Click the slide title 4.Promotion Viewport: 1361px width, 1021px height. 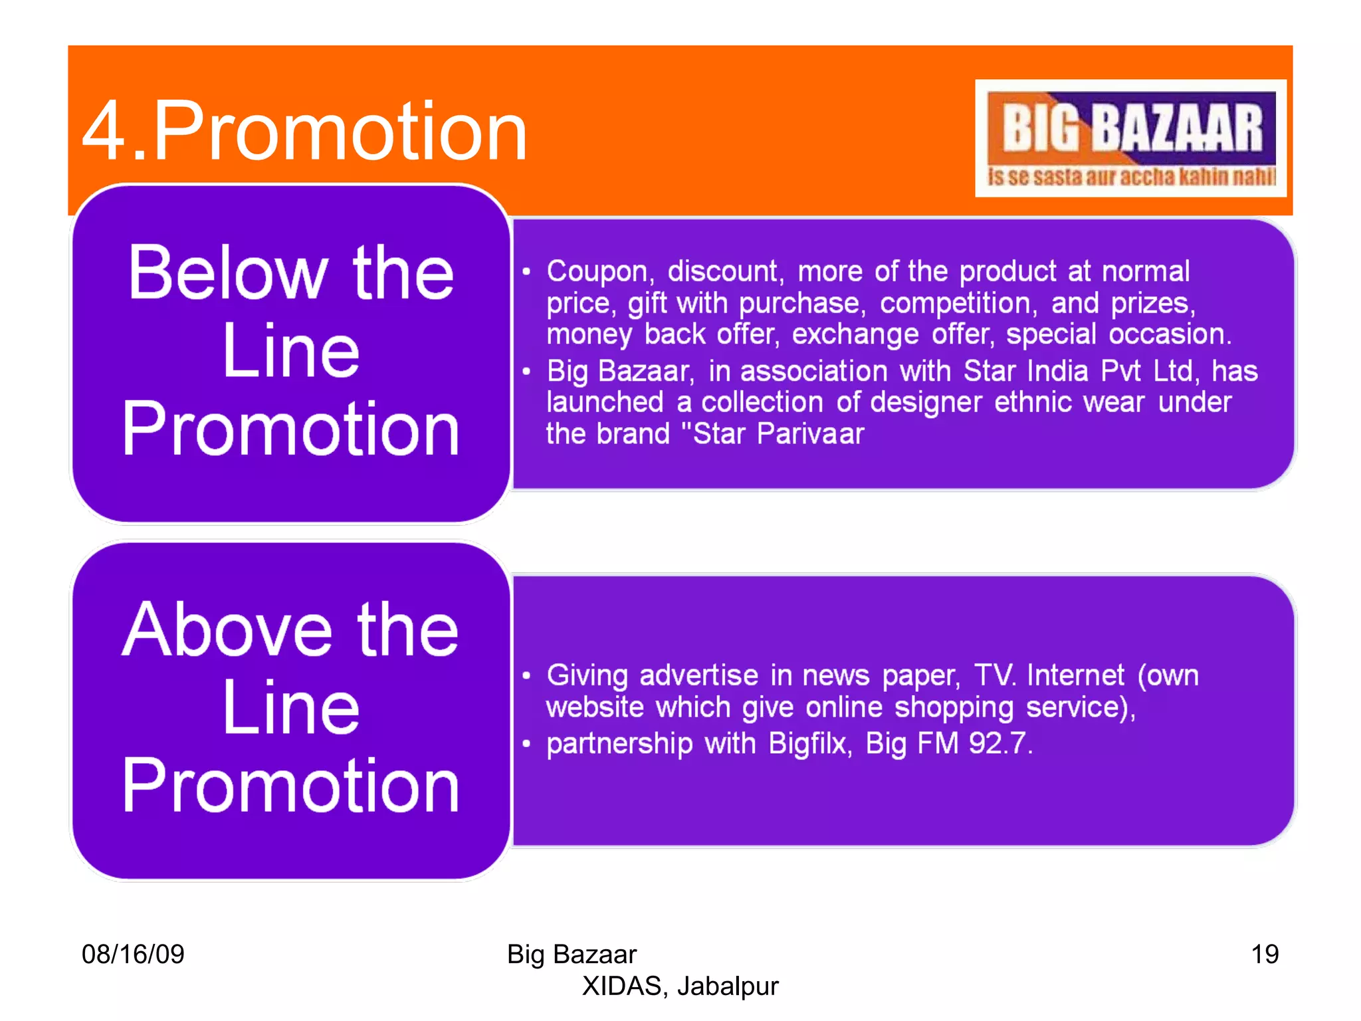pos(304,131)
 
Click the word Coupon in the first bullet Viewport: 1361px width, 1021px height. pos(597,272)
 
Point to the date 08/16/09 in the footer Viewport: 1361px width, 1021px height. pos(133,954)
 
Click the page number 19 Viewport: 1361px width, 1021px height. pos(1265,954)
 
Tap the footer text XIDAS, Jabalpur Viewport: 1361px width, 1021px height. pos(680,986)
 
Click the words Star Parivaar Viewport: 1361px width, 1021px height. pos(778,434)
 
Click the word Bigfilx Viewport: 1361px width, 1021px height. pos(808,743)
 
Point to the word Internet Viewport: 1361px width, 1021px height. pos(1075,675)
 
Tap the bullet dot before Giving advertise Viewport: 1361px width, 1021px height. pos(526,676)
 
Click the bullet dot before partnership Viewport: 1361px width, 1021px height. pos(526,744)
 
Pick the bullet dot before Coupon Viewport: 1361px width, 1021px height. pos(526,272)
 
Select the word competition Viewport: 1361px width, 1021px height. pos(956,303)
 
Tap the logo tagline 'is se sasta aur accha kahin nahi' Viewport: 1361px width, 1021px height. pos(1131,177)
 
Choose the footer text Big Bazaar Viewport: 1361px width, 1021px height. pos(572,954)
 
